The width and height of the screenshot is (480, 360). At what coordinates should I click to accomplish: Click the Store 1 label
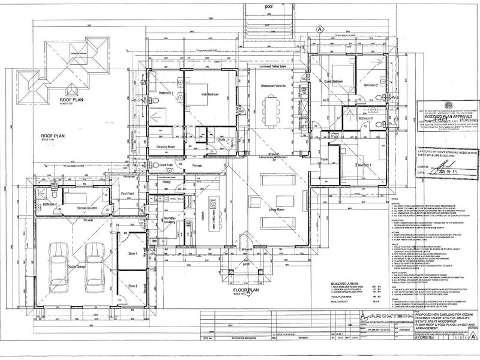(133, 254)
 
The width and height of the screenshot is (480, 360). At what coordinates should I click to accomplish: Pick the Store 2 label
(133, 286)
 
